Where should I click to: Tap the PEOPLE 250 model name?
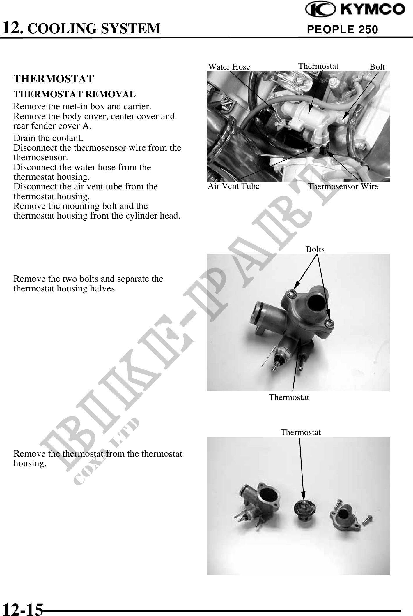(x=343, y=29)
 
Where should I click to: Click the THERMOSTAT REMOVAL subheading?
(x=75, y=94)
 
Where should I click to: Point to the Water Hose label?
(x=229, y=67)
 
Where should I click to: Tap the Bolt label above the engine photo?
(x=377, y=67)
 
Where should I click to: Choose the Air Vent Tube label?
(x=233, y=186)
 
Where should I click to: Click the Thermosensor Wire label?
(x=343, y=186)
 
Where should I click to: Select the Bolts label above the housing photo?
(x=315, y=249)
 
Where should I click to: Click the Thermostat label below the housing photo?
(x=289, y=397)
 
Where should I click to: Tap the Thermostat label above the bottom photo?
(x=301, y=432)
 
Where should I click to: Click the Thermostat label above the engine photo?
(x=318, y=66)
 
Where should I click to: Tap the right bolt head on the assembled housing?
(x=330, y=322)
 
